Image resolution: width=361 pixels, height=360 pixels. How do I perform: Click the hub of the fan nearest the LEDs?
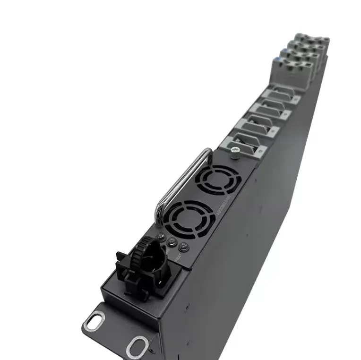[189, 217]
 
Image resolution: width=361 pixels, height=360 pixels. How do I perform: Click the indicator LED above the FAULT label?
[183, 246]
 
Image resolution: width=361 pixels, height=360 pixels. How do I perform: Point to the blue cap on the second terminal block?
[284, 50]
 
